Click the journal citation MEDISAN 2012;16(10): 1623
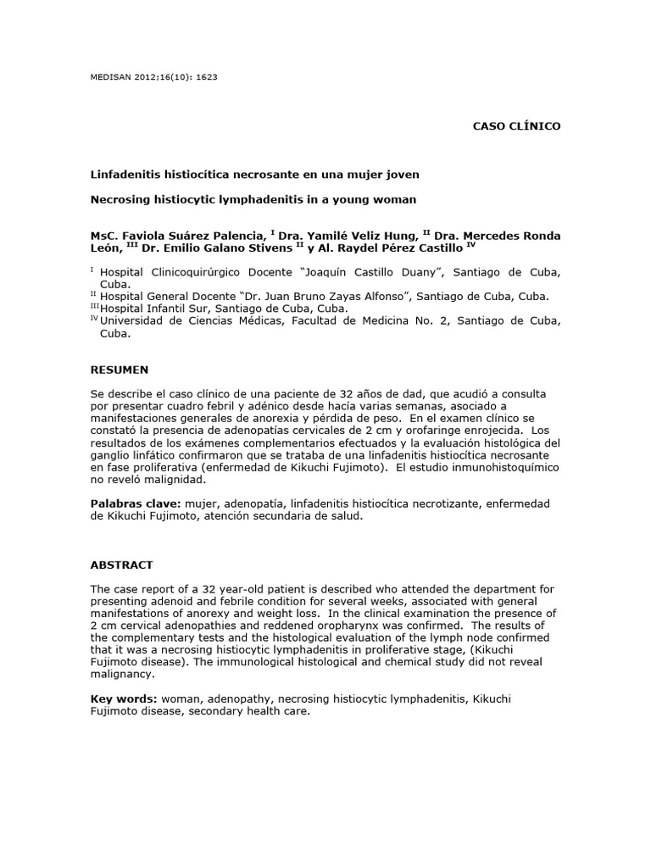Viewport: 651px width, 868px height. click(154, 76)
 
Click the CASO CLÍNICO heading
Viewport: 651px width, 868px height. click(515, 125)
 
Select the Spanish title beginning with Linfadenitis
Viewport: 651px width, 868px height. click(255, 174)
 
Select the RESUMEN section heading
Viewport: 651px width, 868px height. click(120, 370)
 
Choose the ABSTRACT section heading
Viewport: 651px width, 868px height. click(122, 564)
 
